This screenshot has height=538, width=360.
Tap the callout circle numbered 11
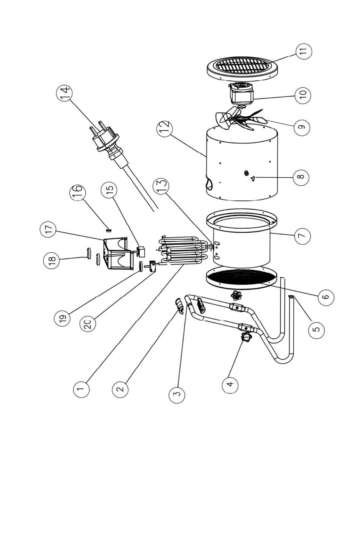point(304,52)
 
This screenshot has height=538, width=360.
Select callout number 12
point(164,129)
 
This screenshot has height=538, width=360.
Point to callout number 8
point(301,177)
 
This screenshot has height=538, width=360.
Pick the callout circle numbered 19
point(62,318)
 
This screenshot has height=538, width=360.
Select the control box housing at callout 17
point(118,253)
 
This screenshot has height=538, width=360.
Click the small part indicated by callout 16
point(108,230)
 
